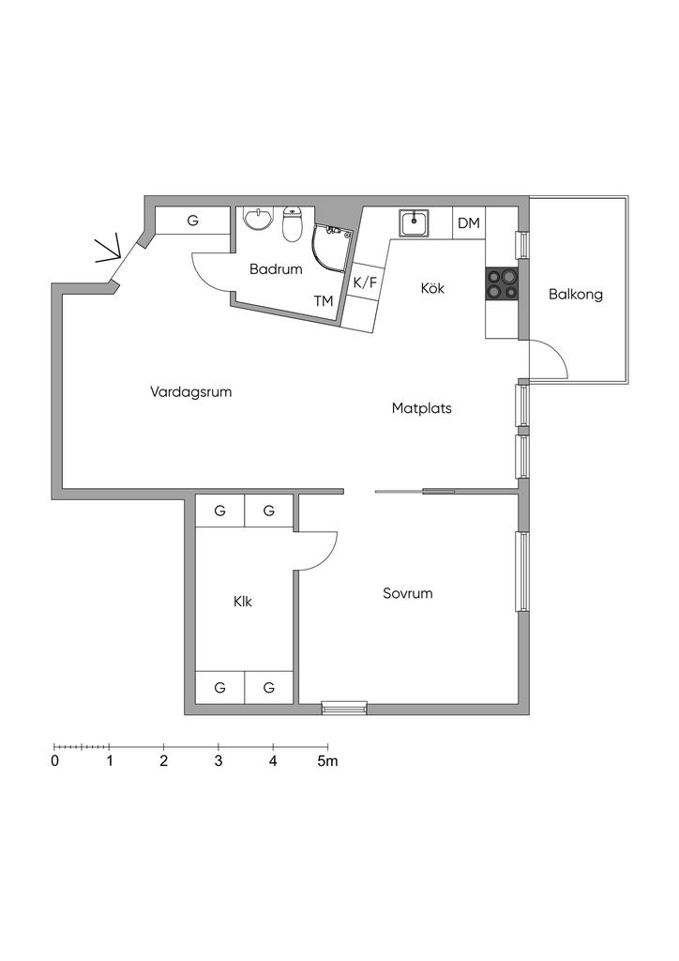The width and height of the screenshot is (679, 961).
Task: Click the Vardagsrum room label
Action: pyautogui.click(x=190, y=392)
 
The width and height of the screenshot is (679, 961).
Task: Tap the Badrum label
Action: pyautogui.click(x=276, y=269)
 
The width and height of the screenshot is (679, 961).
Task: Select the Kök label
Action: pyautogui.click(x=432, y=288)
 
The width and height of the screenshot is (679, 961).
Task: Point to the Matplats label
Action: pyautogui.click(x=422, y=409)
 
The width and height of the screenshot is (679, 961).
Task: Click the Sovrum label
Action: pyautogui.click(x=408, y=594)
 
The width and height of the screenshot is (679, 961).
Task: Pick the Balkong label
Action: pyautogui.click(x=575, y=295)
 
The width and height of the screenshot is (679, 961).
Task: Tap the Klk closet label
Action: pyautogui.click(x=244, y=602)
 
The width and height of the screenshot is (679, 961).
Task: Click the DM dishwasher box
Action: pyautogui.click(x=469, y=223)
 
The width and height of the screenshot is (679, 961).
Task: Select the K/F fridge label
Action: pyautogui.click(x=365, y=282)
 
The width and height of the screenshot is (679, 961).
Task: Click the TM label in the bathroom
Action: pyautogui.click(x=324, y=301)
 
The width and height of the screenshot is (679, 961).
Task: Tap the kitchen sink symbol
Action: pyautogui.click(x=414, y=223)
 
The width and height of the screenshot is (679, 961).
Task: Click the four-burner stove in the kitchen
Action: pyautogui.click(x=502, y=283)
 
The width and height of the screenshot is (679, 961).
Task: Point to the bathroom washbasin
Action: pyautogui.click(x=256, y=220)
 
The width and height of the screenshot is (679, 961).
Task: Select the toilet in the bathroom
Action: pyautogui.click(x=292, y=224)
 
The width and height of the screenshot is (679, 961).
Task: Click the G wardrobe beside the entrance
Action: pyautogui.click(x=192, y=221)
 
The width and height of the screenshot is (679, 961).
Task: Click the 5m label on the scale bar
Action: pyautogui.click(x=326, y=761)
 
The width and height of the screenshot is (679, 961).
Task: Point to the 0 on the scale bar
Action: pyautogui.click(x=55, y=761)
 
